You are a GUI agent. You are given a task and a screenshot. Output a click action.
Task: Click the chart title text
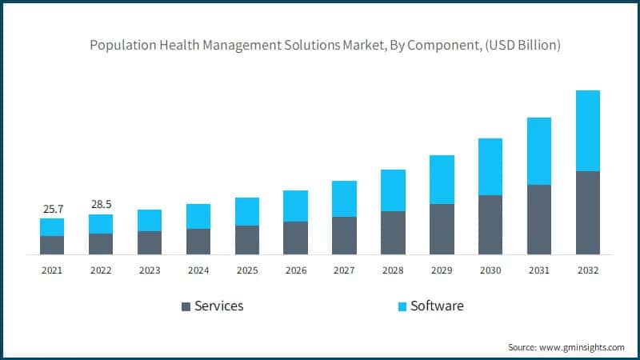[x=325, y=46]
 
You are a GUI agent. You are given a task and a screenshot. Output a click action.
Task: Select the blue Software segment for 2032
[x=588, y=130]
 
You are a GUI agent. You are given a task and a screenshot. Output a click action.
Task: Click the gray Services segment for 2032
[x=588, y=212]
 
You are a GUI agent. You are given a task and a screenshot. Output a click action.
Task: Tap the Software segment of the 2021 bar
[x=52, y=227]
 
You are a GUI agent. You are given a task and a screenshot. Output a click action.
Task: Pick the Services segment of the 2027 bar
[x=344, y=235]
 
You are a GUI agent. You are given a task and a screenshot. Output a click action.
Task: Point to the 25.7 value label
[x=53, y=210]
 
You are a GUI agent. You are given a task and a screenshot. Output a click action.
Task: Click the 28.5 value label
[x=101, y=205]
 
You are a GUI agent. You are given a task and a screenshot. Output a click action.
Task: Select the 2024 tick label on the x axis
[x=198, y=270]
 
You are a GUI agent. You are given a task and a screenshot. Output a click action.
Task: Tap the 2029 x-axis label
[x=442, y=270]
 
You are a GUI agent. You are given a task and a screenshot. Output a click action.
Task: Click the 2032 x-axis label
[x=588, y=270]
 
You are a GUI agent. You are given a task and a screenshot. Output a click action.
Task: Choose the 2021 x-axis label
[x=52, y=270]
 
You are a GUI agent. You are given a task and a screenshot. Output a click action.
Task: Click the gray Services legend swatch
[x=186, y=306]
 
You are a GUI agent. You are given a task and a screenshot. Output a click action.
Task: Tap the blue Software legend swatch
[x=402, y=306]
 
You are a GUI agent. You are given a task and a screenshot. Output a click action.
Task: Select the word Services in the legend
[x=218, y=306]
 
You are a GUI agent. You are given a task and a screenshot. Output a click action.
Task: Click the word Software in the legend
[x=437, y=306]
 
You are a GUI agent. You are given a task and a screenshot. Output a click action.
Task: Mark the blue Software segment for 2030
[x=490, y=166]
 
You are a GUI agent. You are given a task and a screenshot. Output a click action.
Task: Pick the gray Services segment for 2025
[x=247, y=240]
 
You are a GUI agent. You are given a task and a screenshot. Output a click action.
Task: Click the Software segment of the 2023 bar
[x=150, y=220]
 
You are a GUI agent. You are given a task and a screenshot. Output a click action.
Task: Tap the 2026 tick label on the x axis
[x=296, y=270]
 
